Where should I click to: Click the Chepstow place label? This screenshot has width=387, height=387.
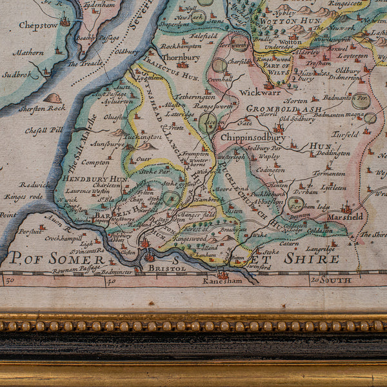tap(38, 25)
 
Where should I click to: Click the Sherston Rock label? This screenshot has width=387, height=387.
tap(41, 108)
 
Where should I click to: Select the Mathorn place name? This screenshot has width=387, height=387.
tap(28, 53)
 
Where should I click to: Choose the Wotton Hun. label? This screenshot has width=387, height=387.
tap(282, 21)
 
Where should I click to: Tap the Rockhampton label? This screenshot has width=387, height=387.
tap(181, 46)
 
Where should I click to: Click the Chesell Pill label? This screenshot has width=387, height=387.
tap(44, 130)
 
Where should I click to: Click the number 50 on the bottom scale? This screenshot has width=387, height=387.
tap(10, 281)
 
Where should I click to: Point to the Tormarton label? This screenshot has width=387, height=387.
tap(329, 173)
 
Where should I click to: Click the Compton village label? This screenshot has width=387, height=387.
tap(95, 163)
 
